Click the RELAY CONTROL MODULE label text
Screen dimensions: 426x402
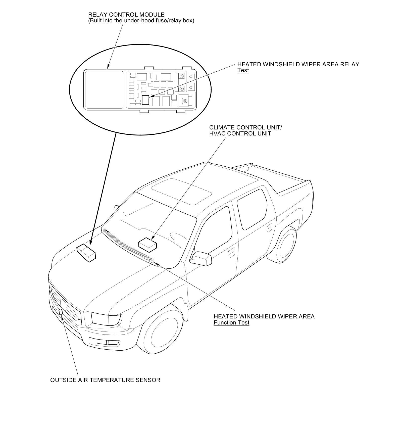point(126,15)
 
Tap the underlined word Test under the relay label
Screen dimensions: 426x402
point(243,70)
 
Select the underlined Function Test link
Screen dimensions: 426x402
point(231,322)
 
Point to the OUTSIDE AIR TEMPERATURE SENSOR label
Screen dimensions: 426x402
point(105,380)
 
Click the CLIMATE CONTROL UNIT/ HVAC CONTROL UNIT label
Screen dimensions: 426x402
point(245,130)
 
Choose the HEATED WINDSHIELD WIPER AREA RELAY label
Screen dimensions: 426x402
point(298,64)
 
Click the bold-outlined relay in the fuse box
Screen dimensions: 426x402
point(145,100)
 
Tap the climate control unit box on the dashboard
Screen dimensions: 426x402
point(147,244)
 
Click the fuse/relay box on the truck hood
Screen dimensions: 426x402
point(86,253)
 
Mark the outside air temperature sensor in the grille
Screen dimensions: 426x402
point(61,312)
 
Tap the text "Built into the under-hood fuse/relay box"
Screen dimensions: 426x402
point(141,21)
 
